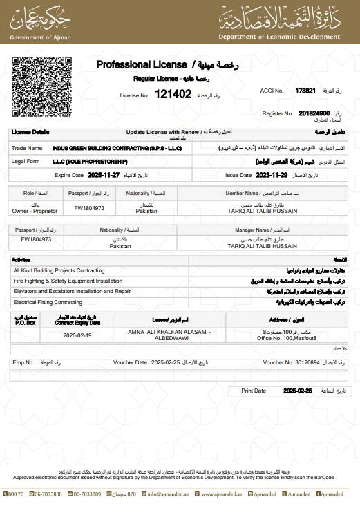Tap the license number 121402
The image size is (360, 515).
point(173,93)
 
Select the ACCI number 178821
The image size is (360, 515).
point(305,91)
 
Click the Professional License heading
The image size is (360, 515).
point(144,64)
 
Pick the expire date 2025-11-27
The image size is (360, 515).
point(104,175)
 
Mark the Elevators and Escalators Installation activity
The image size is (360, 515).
point(72,292)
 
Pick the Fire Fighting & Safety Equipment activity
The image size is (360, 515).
point(68,281)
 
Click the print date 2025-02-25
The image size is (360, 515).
point(298,391)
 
